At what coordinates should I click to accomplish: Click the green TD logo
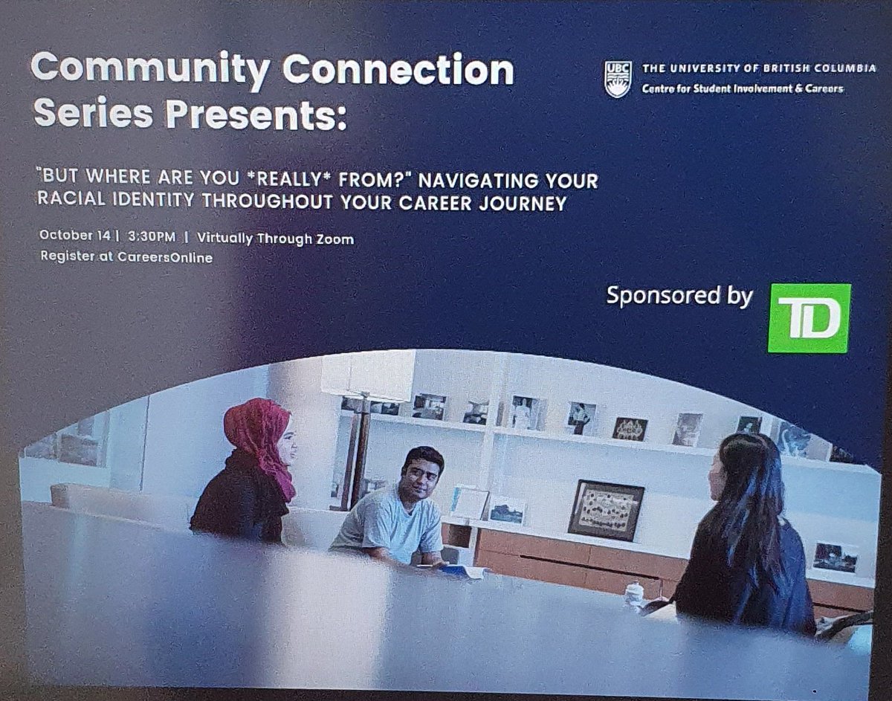(x=809, y=317)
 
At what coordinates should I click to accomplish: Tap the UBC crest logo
(x=618, y=79)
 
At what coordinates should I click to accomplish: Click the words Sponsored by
(x=679, y=295)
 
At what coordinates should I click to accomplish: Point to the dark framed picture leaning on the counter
(x=606, y=508)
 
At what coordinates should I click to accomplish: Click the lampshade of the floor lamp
(x=368, y=375)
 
